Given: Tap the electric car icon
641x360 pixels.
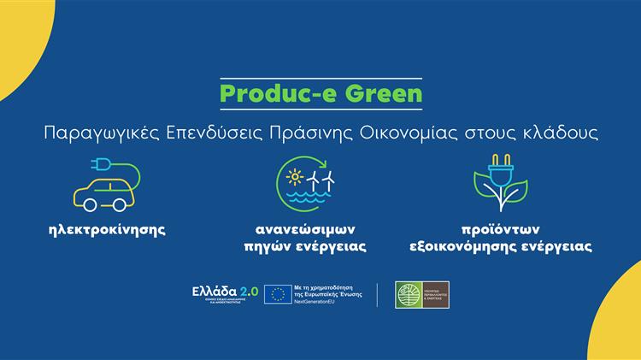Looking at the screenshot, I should coord(103,193).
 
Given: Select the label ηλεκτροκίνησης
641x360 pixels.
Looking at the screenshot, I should coord(108,230).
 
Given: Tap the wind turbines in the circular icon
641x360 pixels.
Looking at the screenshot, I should coord(321,180).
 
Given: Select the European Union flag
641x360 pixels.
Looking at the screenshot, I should coord(276,294).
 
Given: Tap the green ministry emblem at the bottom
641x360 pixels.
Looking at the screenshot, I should coord(407,294).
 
